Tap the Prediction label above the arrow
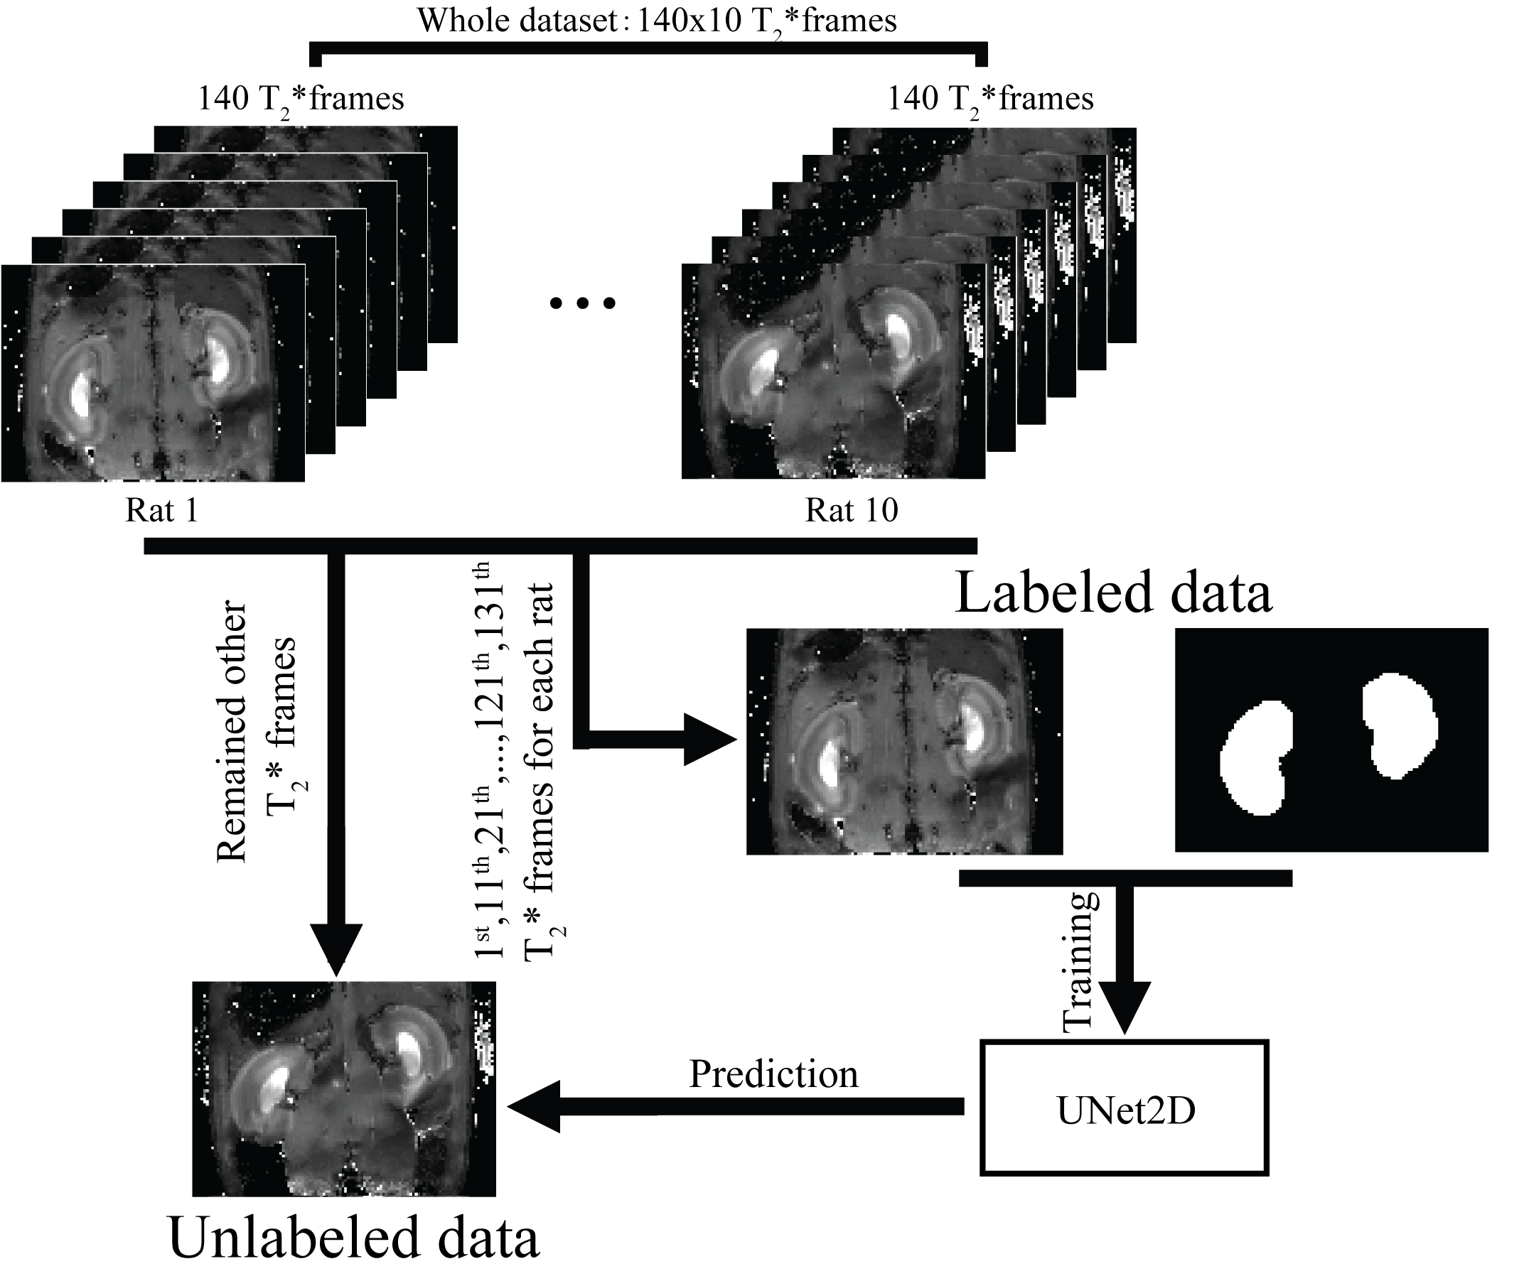773,1074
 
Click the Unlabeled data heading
354,1238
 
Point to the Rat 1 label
161,510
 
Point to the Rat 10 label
851,510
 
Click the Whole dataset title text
656,21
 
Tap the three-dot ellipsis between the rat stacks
582,303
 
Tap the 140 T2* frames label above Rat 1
301,99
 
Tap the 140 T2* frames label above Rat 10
990,99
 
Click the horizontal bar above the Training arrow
1125,878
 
